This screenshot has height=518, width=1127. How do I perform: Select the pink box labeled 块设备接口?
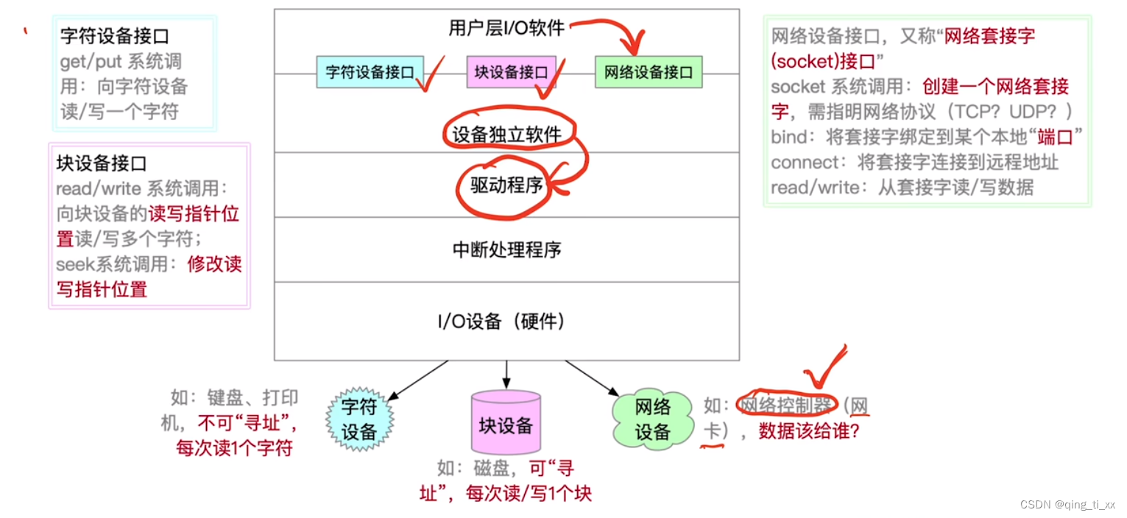tap(511, 72)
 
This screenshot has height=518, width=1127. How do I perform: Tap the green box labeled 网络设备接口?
tap(649, 72)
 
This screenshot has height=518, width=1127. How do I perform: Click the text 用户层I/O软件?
tap(506, 28)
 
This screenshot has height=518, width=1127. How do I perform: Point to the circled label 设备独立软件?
tap(506, 134)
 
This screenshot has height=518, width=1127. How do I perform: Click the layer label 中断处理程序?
tap(506, 249)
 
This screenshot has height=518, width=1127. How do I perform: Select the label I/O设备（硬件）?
tap(506, 322)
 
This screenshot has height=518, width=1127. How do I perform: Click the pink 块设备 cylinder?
tap(506, 423)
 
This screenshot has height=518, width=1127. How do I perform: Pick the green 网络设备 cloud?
tap(652, 419)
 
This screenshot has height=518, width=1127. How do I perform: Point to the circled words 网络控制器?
tap(786, 405)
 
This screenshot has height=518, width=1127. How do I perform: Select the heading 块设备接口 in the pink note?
tap(103, 163)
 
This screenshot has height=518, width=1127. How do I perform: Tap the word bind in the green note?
tap(789, 137)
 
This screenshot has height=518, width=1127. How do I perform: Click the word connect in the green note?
tap(805, 162)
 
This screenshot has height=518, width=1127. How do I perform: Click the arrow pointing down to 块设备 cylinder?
tap(506, 375)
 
